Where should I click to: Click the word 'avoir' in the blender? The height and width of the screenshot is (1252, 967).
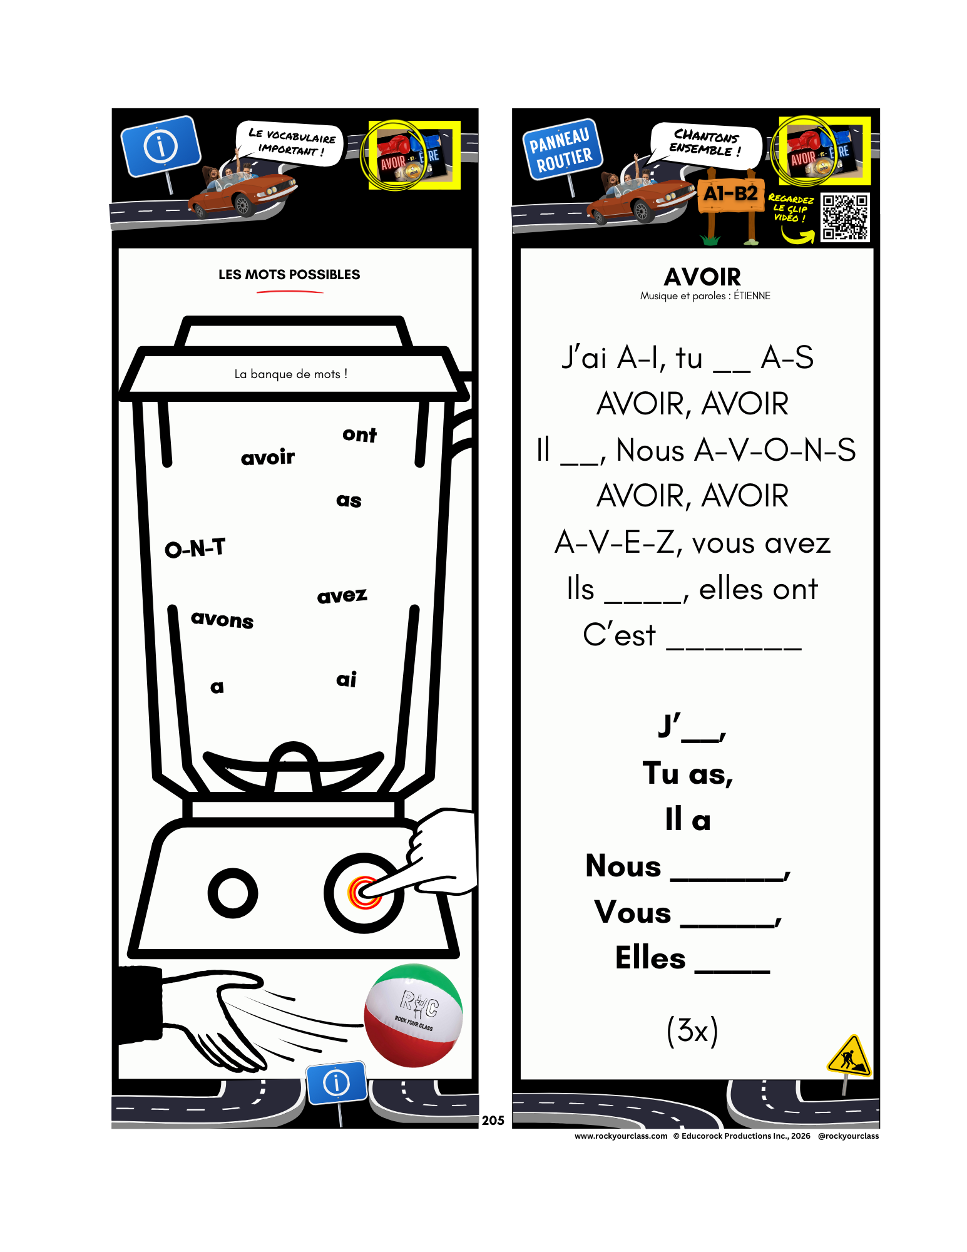(268, 457)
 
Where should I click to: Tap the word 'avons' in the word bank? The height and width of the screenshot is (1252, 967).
(222, 619)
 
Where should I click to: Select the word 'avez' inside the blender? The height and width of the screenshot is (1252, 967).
(342, 595)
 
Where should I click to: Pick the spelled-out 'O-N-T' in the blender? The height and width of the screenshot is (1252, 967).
(195, 548)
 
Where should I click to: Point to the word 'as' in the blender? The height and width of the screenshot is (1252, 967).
(349, 500)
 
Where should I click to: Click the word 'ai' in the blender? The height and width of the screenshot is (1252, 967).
(346, 679)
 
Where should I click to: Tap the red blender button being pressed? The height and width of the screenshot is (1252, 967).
(364, 893)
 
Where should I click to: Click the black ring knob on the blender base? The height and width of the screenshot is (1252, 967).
(233, 893)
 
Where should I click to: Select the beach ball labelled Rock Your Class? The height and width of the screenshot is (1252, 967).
(414, 1015)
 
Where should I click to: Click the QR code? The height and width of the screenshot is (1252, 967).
(845, 217)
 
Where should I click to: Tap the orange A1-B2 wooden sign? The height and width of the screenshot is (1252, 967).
(730, 194)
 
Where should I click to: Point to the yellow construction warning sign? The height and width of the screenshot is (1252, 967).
(849, 1056)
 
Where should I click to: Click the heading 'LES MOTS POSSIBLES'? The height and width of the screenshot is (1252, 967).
(289, 274)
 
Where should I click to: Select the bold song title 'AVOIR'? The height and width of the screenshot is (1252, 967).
(702, 276)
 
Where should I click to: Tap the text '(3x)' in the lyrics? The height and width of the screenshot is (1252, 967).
(692, 1030)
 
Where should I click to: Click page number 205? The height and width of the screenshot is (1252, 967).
(493, 1121)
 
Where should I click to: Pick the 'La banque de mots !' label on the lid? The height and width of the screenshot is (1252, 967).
(291, 374)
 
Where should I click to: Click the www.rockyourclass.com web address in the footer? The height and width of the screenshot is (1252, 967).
(621, 1136)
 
